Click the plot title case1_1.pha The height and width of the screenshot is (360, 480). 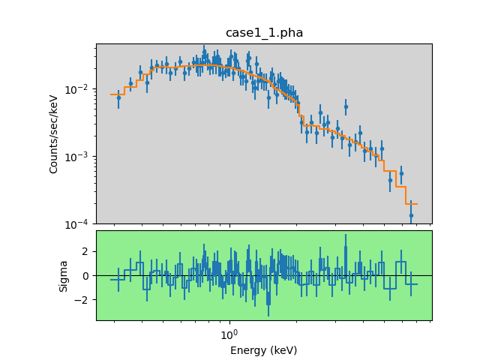click(264, 33)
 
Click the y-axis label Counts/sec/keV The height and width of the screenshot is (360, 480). click(54, 133)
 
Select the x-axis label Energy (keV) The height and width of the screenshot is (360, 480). click(263, 350)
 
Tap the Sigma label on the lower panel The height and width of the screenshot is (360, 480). click(64, 275)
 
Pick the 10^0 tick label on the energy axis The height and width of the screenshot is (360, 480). click(229, 332)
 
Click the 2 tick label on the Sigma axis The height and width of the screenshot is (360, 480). click(86, 251)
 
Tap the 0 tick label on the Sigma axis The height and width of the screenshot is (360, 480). click(86, 275)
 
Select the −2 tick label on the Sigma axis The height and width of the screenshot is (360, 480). click(83, 300)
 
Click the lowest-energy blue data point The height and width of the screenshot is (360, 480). click(118, 97)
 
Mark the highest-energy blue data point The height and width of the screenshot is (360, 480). click(411, 215)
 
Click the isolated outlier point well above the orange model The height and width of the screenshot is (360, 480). click(346, 106)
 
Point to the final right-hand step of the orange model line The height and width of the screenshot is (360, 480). click(411, 204)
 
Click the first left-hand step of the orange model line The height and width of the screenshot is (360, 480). click(117, 94)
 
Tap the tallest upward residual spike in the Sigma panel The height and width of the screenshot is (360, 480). click(346, 238)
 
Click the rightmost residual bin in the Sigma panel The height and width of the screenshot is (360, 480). click(411, 283)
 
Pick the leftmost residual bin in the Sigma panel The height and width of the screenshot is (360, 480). click(117, 280)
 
